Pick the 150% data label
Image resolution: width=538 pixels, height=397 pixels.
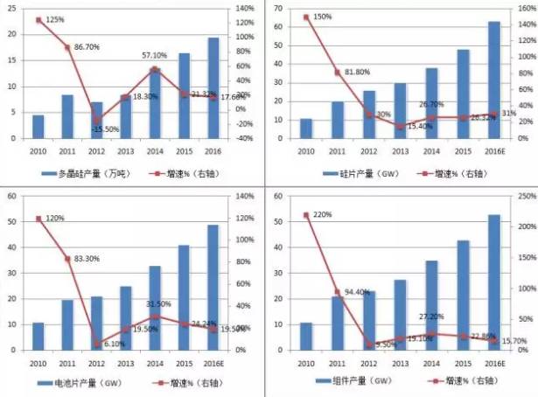click(322, 17)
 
